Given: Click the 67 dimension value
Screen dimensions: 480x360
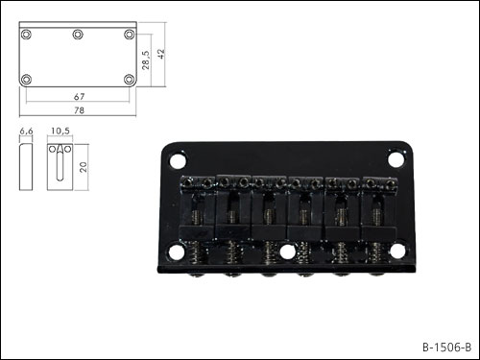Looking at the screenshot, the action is point(79,96).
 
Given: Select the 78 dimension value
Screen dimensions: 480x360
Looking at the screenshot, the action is point(79,110).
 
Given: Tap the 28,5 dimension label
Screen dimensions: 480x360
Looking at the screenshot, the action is point(146,60).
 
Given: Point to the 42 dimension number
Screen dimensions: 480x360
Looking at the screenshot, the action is point(161,54).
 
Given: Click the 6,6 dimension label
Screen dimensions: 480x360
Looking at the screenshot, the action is point(26,132).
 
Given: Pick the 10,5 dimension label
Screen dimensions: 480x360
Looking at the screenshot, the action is point(60,131).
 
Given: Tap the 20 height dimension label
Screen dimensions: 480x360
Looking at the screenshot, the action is point(83,167).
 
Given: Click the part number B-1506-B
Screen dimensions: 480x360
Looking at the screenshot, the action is point(446,348).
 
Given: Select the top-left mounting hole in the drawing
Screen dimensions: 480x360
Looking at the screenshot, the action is point(26,35).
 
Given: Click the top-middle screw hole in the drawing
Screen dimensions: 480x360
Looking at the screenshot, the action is point(78,35).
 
